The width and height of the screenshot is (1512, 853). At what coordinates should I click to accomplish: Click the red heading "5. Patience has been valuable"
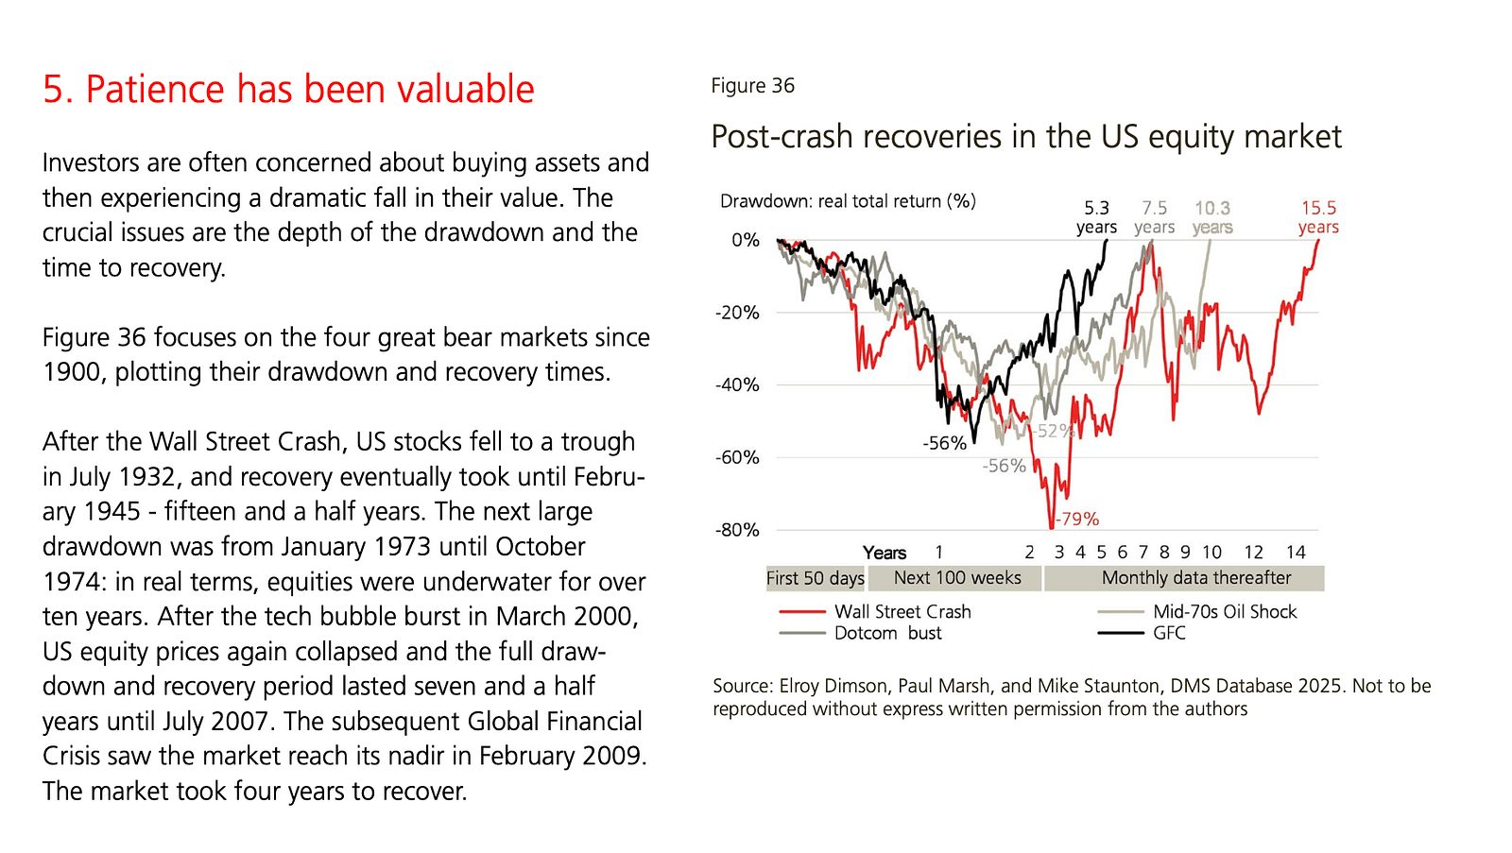[288, 90]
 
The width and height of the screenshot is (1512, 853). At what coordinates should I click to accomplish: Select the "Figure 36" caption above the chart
[752, 86]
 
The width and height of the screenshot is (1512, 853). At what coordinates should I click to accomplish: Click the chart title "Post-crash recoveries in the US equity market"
[1025, 137]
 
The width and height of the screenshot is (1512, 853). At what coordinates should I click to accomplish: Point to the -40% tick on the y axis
[737, 385]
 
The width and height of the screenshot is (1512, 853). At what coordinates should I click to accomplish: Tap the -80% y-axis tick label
[737, 530]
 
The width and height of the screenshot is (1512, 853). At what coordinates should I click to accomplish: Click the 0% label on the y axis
[745, 241]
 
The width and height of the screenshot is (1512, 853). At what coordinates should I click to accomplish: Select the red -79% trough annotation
[1077, 520]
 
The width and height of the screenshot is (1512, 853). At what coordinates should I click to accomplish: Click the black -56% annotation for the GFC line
[944, 443]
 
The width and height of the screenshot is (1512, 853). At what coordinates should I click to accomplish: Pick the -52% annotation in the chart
[1052, 432]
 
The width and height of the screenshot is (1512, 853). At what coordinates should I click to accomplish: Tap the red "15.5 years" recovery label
[1318, 217]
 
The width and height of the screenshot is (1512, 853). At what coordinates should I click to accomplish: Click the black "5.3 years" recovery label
[1096, 217]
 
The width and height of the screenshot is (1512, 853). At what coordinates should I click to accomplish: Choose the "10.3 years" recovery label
[1212, 217]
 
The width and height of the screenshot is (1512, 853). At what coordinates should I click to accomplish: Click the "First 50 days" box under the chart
[815, 578]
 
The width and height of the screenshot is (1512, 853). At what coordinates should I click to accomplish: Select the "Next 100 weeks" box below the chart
[957, 578]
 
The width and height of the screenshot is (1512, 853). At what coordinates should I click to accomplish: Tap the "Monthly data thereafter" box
[1195, 578]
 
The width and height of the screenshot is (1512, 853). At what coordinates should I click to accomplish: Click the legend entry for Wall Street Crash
[902, 612]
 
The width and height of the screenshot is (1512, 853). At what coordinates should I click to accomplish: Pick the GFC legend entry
[1168, 633]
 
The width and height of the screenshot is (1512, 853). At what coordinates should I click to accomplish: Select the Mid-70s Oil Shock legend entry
[1224, 612]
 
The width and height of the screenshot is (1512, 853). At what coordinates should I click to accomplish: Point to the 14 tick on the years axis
[1296, 553]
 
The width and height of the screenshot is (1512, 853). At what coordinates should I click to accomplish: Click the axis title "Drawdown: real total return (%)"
[848, 201]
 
